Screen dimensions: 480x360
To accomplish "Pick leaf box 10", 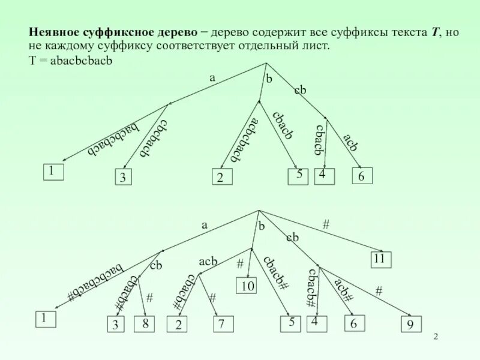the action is coord(248,286).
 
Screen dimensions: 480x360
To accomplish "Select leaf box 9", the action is coord(410,325).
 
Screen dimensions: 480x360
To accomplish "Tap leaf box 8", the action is coord(145,325).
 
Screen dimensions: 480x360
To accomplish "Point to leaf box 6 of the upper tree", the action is coord(362,175).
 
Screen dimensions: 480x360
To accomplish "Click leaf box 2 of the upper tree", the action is coord(221,178).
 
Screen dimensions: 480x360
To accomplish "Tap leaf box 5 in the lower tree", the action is coord(292,323).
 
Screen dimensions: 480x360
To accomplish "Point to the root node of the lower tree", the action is coord(258,210).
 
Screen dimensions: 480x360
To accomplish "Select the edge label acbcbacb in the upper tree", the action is coord(244,139).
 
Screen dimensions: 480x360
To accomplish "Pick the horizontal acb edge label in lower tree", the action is coord(208,262).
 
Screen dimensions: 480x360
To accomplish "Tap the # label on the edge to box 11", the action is coord(326,224).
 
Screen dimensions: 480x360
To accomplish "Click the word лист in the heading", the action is coord(314,47).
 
